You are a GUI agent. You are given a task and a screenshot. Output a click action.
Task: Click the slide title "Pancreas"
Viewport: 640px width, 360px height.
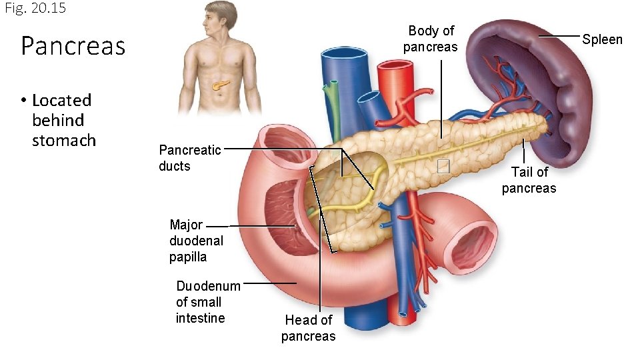(x=73, y=46)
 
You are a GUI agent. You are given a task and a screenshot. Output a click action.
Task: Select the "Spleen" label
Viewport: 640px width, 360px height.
(x=602, y=39)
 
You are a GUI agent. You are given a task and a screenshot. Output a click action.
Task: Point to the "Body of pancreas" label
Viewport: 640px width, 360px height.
(x=431, y=39)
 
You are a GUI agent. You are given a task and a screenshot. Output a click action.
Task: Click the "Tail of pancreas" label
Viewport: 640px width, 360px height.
(x=529, y=180)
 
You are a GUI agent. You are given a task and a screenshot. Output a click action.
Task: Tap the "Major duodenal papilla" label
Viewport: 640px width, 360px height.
(x=196, y=241)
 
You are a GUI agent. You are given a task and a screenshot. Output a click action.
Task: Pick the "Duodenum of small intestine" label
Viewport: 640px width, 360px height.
(x=208, y=302)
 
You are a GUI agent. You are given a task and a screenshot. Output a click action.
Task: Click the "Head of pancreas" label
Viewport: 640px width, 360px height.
(x=308, y=328)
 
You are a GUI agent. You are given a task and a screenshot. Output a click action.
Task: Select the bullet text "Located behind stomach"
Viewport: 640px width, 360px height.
(x=63, y=120)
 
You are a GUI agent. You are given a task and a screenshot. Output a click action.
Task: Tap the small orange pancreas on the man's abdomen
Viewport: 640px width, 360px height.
(x=221, y=85)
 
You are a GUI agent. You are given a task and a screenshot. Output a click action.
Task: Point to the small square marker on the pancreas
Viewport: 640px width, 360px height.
(x=443, y=167)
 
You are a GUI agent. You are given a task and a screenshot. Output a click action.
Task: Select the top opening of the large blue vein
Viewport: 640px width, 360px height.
(x=344, y=53)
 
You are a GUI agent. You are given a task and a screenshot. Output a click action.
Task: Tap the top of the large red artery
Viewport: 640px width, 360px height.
(x=395, y=67)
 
